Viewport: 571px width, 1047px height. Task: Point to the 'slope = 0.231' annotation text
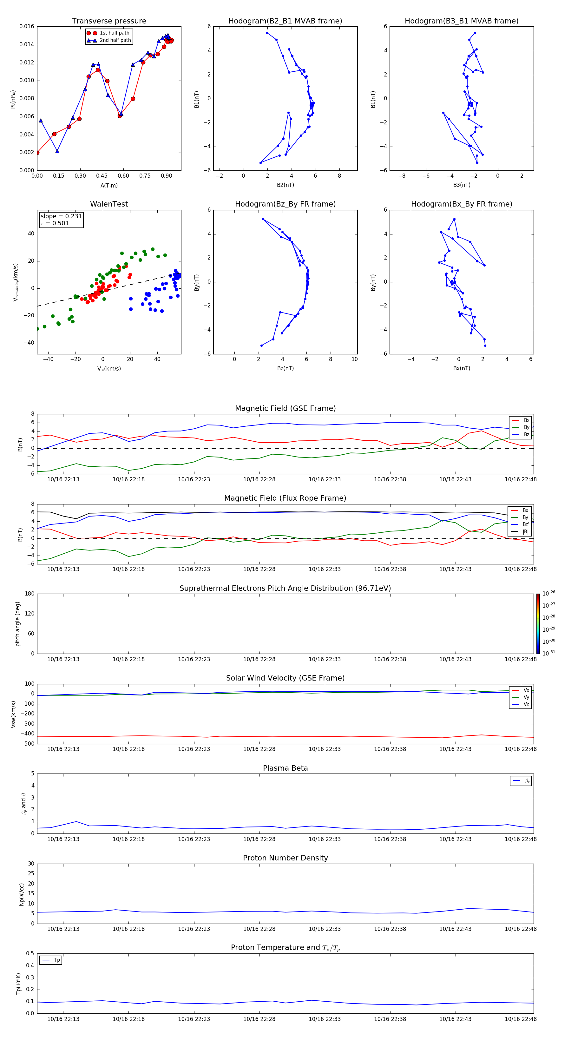(61, 216)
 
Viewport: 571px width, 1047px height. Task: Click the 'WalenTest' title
(109, 204)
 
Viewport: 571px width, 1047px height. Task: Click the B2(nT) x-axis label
(285, 185)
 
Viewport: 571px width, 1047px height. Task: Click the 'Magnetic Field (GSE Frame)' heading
(285, 408)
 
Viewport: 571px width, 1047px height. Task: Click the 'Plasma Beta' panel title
(285, 768)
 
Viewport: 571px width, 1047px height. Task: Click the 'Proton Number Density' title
(285, 858)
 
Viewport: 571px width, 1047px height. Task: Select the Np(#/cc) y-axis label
(22, 894)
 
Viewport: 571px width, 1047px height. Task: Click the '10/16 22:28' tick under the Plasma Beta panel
(259, 839)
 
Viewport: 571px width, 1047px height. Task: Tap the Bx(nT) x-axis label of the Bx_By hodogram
(461, 368)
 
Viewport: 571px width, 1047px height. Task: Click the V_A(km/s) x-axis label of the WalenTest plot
(109, 369)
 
